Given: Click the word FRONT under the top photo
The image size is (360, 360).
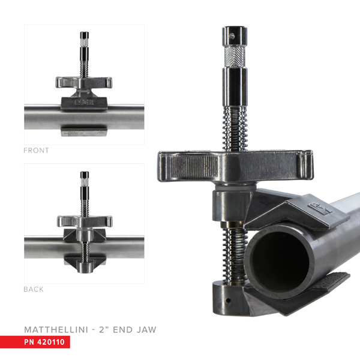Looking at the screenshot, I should point(36,151).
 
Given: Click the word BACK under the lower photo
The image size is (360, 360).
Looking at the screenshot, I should point(34,289).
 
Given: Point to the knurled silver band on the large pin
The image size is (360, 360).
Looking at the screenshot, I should point(234,58).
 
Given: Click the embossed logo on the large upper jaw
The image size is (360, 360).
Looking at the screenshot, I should point(316,208).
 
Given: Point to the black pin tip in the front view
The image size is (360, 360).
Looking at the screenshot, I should point(84,35).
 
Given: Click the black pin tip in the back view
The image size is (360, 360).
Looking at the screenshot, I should point(84,176).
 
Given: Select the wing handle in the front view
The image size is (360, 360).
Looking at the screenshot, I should point(84,82).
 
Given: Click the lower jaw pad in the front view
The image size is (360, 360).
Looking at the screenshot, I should point(84,131).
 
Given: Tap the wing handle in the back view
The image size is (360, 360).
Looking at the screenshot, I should point(84,221).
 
